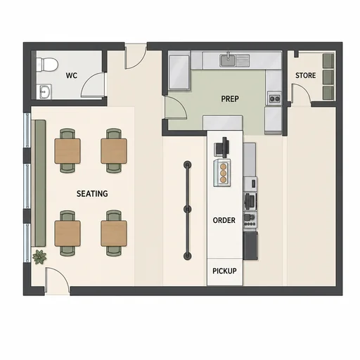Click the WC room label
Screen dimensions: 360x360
coord(72,75)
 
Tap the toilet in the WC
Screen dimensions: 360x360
coord(47,65)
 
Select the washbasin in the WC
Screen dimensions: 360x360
coord(45,91)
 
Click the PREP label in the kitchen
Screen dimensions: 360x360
coord(230,98)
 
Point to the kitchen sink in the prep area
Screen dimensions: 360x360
coord(228,60)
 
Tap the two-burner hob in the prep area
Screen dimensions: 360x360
coord(274,98)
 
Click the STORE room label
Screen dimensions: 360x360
coord(305,75)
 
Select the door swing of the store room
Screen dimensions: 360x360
coord(301,94)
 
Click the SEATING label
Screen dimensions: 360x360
coord(92,193)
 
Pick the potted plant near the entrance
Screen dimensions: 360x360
coord(39,257)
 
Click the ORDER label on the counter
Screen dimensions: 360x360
coord(224,220)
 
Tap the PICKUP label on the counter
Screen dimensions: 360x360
coord(224,271)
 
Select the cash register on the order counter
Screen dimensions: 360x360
coord(221,148)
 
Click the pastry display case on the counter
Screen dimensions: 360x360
coord(221,173)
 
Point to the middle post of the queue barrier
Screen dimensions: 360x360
coord(188,209)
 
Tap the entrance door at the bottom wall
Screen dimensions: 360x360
coord(57,280)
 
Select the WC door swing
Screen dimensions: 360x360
coord(94,85)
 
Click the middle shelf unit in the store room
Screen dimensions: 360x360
coord(328,77)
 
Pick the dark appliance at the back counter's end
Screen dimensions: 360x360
coord(250,245)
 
